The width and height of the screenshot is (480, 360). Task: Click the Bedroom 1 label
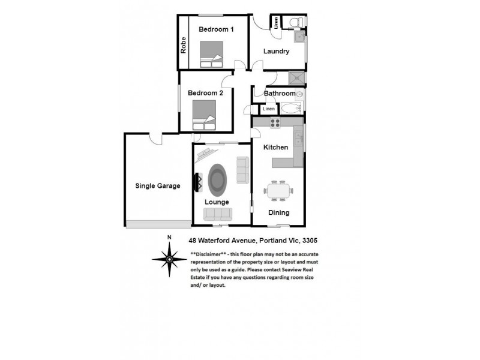click(x=216, y=29)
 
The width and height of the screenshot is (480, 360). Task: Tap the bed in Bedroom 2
click(x=204, y=115)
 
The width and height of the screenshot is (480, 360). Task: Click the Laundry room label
click(x=277, y=52)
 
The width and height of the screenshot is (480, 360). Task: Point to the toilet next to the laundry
click(x=294, y=23)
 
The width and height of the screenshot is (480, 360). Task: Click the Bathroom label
click(x=280, y=94)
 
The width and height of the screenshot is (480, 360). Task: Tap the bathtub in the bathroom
click(x=292, y=109)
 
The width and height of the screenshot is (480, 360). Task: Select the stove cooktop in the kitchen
click(x=275, y=123)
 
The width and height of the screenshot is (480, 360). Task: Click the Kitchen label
click(x=277, y=147)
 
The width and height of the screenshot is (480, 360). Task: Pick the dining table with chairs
click(x=278, y=191)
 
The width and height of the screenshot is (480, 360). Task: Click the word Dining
click(x=278, y=212)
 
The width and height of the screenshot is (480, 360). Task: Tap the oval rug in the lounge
click(x=217, y=178)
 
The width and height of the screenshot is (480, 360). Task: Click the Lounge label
click(x=217, y=202)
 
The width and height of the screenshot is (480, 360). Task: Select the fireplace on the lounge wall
click(x=196, y=182)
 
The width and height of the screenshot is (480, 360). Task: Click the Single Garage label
click(x=158, y=186)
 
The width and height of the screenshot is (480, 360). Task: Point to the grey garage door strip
click(x=158, y=223)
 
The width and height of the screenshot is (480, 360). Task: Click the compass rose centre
click(x=169, y=259)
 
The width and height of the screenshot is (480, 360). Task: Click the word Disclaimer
click(x=208, y=254)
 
